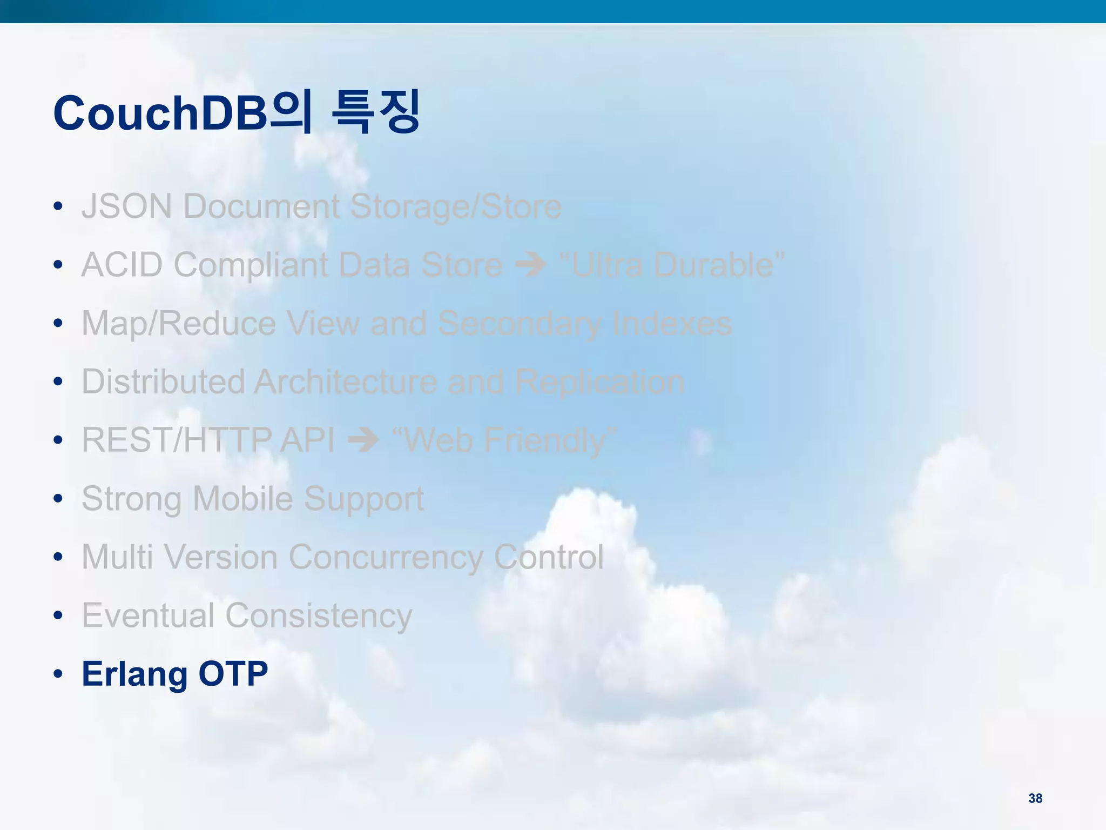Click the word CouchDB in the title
coord(161,113)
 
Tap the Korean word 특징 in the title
coord(375,112)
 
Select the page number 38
coord(1035,798)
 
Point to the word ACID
coord(122,265)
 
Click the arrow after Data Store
coord(531,265)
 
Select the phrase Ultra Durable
coord(672,265)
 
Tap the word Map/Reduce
coord(179,324)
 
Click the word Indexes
coord(672,324)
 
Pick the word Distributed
coord(163,381)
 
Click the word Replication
coord(599,381)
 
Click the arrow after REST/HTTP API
coord(363,440)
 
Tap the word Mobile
coord(242,498)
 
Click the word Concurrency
coord(386,557)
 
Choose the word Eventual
coord(148,615)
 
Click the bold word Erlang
coord(134,674)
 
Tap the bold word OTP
coord(233,674)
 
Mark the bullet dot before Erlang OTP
coord(58,674)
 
